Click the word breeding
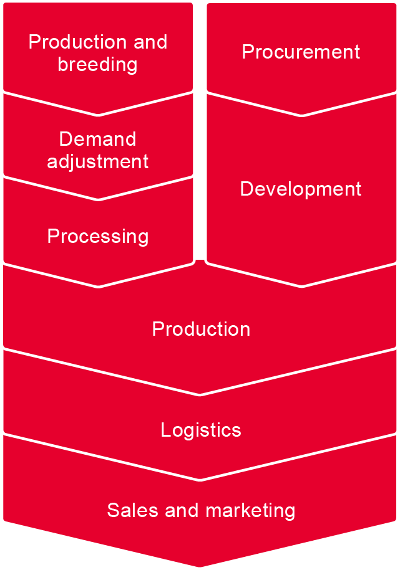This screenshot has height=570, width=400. click(97, 65)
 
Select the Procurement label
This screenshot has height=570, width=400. click(301, 52)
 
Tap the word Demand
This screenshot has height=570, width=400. click(97, 139)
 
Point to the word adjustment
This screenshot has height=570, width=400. click(97, 161)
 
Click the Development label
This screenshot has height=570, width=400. click(301, 189)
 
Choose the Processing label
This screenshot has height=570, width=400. click(97, 237)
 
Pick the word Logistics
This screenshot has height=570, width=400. click(201, 430)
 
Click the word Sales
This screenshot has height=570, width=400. click(132, 510)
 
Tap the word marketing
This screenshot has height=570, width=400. click(250, 511)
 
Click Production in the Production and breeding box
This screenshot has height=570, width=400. click(77, 42)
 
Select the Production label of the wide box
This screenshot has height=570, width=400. click(201, 329)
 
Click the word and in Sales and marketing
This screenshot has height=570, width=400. click(182, 510)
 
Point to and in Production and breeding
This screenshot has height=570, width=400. click(150, 42)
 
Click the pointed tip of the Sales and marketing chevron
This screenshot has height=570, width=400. click(200, 567)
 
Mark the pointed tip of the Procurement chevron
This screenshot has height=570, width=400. click(301, 115)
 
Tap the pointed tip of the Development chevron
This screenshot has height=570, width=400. click(301, 286)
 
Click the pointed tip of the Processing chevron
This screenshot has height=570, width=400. click(98, 287)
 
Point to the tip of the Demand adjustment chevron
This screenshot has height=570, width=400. click(98, 199)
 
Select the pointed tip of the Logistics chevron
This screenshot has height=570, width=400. click(200, 480)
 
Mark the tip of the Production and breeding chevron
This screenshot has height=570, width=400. click(98, 115)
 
